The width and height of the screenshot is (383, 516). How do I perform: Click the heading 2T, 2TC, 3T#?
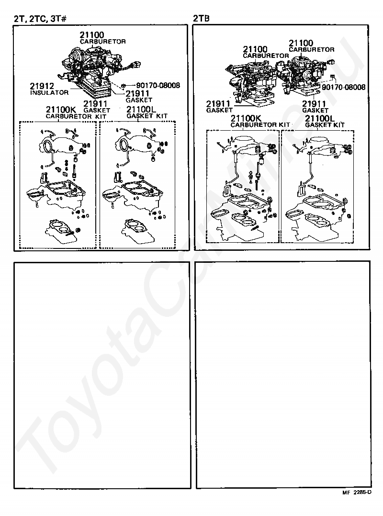click(40, 19)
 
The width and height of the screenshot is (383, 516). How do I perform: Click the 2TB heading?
click(202, 18)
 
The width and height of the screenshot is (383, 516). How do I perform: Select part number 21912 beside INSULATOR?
click(42, 86)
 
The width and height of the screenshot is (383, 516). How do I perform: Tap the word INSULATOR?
click(49, 93)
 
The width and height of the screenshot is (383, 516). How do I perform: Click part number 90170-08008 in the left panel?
click(158, 85)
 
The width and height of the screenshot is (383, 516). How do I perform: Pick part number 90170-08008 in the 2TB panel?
click(344, 87)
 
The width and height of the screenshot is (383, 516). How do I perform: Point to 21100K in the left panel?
click(61, 110)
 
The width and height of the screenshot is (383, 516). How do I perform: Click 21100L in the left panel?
click(141, 109)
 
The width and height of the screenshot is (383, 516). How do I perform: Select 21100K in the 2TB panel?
click(246, 118)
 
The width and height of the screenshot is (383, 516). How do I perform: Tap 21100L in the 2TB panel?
click(320, 118)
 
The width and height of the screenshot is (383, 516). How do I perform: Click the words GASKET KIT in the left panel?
click(147, 116)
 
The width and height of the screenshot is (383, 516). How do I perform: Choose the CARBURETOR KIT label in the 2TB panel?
click(260, 125)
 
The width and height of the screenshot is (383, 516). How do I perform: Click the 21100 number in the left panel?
click(92, 35)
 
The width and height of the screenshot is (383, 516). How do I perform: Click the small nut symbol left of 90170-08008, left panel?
click(123, 86)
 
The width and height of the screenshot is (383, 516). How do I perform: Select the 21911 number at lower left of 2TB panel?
click(218, 104)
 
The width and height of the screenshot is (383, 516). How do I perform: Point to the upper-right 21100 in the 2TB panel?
click(301, 43)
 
